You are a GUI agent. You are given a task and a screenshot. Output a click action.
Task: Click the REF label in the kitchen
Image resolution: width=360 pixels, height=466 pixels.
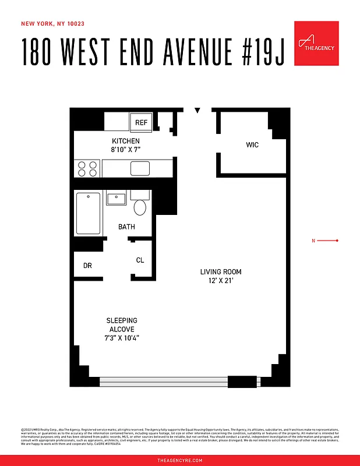tap(141, 123)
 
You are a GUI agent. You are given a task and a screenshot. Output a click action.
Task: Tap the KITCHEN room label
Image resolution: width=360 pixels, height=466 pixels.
tap(126, 141)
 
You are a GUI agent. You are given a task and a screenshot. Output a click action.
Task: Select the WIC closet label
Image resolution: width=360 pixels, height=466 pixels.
tap(252, 144)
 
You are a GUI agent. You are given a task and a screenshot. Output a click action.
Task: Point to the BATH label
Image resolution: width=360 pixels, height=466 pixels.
tap(127, 227)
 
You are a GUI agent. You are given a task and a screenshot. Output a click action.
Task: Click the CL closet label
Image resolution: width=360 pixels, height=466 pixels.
tap(140, 260)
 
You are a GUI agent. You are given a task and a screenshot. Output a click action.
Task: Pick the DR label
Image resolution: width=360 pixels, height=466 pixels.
tap(87, 266)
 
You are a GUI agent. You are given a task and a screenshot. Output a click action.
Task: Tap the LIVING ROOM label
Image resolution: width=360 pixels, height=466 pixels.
tap(221, 272)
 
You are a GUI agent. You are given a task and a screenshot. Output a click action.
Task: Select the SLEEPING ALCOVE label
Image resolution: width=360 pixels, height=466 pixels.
tap(122, 325)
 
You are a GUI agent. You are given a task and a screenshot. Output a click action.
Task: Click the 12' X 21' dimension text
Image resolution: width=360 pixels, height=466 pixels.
tap(221, 281)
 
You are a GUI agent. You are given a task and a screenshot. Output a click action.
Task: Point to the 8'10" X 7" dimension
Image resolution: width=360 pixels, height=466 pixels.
tap(126, 150)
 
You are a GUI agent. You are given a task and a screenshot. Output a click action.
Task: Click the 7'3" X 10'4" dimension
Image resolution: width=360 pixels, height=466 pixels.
tap(122, 338)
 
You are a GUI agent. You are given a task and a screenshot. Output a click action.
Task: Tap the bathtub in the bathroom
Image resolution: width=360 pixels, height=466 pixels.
tap(89, 213)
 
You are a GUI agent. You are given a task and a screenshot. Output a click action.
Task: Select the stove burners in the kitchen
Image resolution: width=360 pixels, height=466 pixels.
tap(87, 168)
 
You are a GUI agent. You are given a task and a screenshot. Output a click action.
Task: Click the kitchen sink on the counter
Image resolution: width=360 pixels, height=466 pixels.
tap(140, 168)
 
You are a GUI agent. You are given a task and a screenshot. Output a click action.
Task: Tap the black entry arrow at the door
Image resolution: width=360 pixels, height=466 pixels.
tap(197, 110)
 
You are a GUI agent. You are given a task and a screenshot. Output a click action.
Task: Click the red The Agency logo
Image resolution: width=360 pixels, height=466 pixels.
tap(316, 44)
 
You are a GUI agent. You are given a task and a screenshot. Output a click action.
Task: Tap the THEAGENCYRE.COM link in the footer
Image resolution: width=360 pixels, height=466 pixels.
tap(180, 460)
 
